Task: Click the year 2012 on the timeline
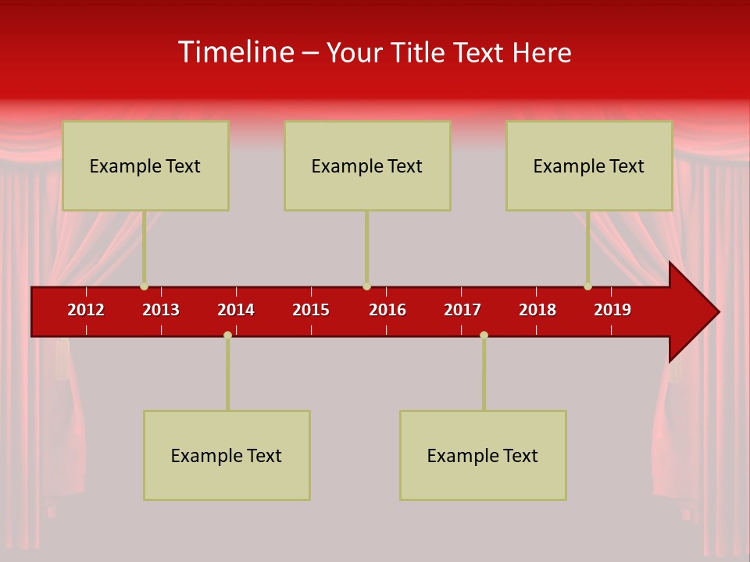[86, 310]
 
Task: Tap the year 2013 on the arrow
[161, 310]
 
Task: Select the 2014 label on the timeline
[236, 310]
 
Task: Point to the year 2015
[311, 310]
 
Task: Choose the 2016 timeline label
[387, 310]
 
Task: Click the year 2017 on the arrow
[462, 310]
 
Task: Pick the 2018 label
[537, 310]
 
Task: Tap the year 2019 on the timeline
[612, 310]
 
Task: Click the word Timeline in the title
[236, 52]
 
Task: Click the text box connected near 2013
[145, 165]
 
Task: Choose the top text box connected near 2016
[367, 165]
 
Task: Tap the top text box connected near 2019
[589, 165]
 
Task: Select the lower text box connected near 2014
[227, 455]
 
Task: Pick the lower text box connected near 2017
[483, 455]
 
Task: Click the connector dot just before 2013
[144, 286]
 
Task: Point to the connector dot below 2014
[227, 335]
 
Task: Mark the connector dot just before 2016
[366, 286]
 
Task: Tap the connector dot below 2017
[484, 335]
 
